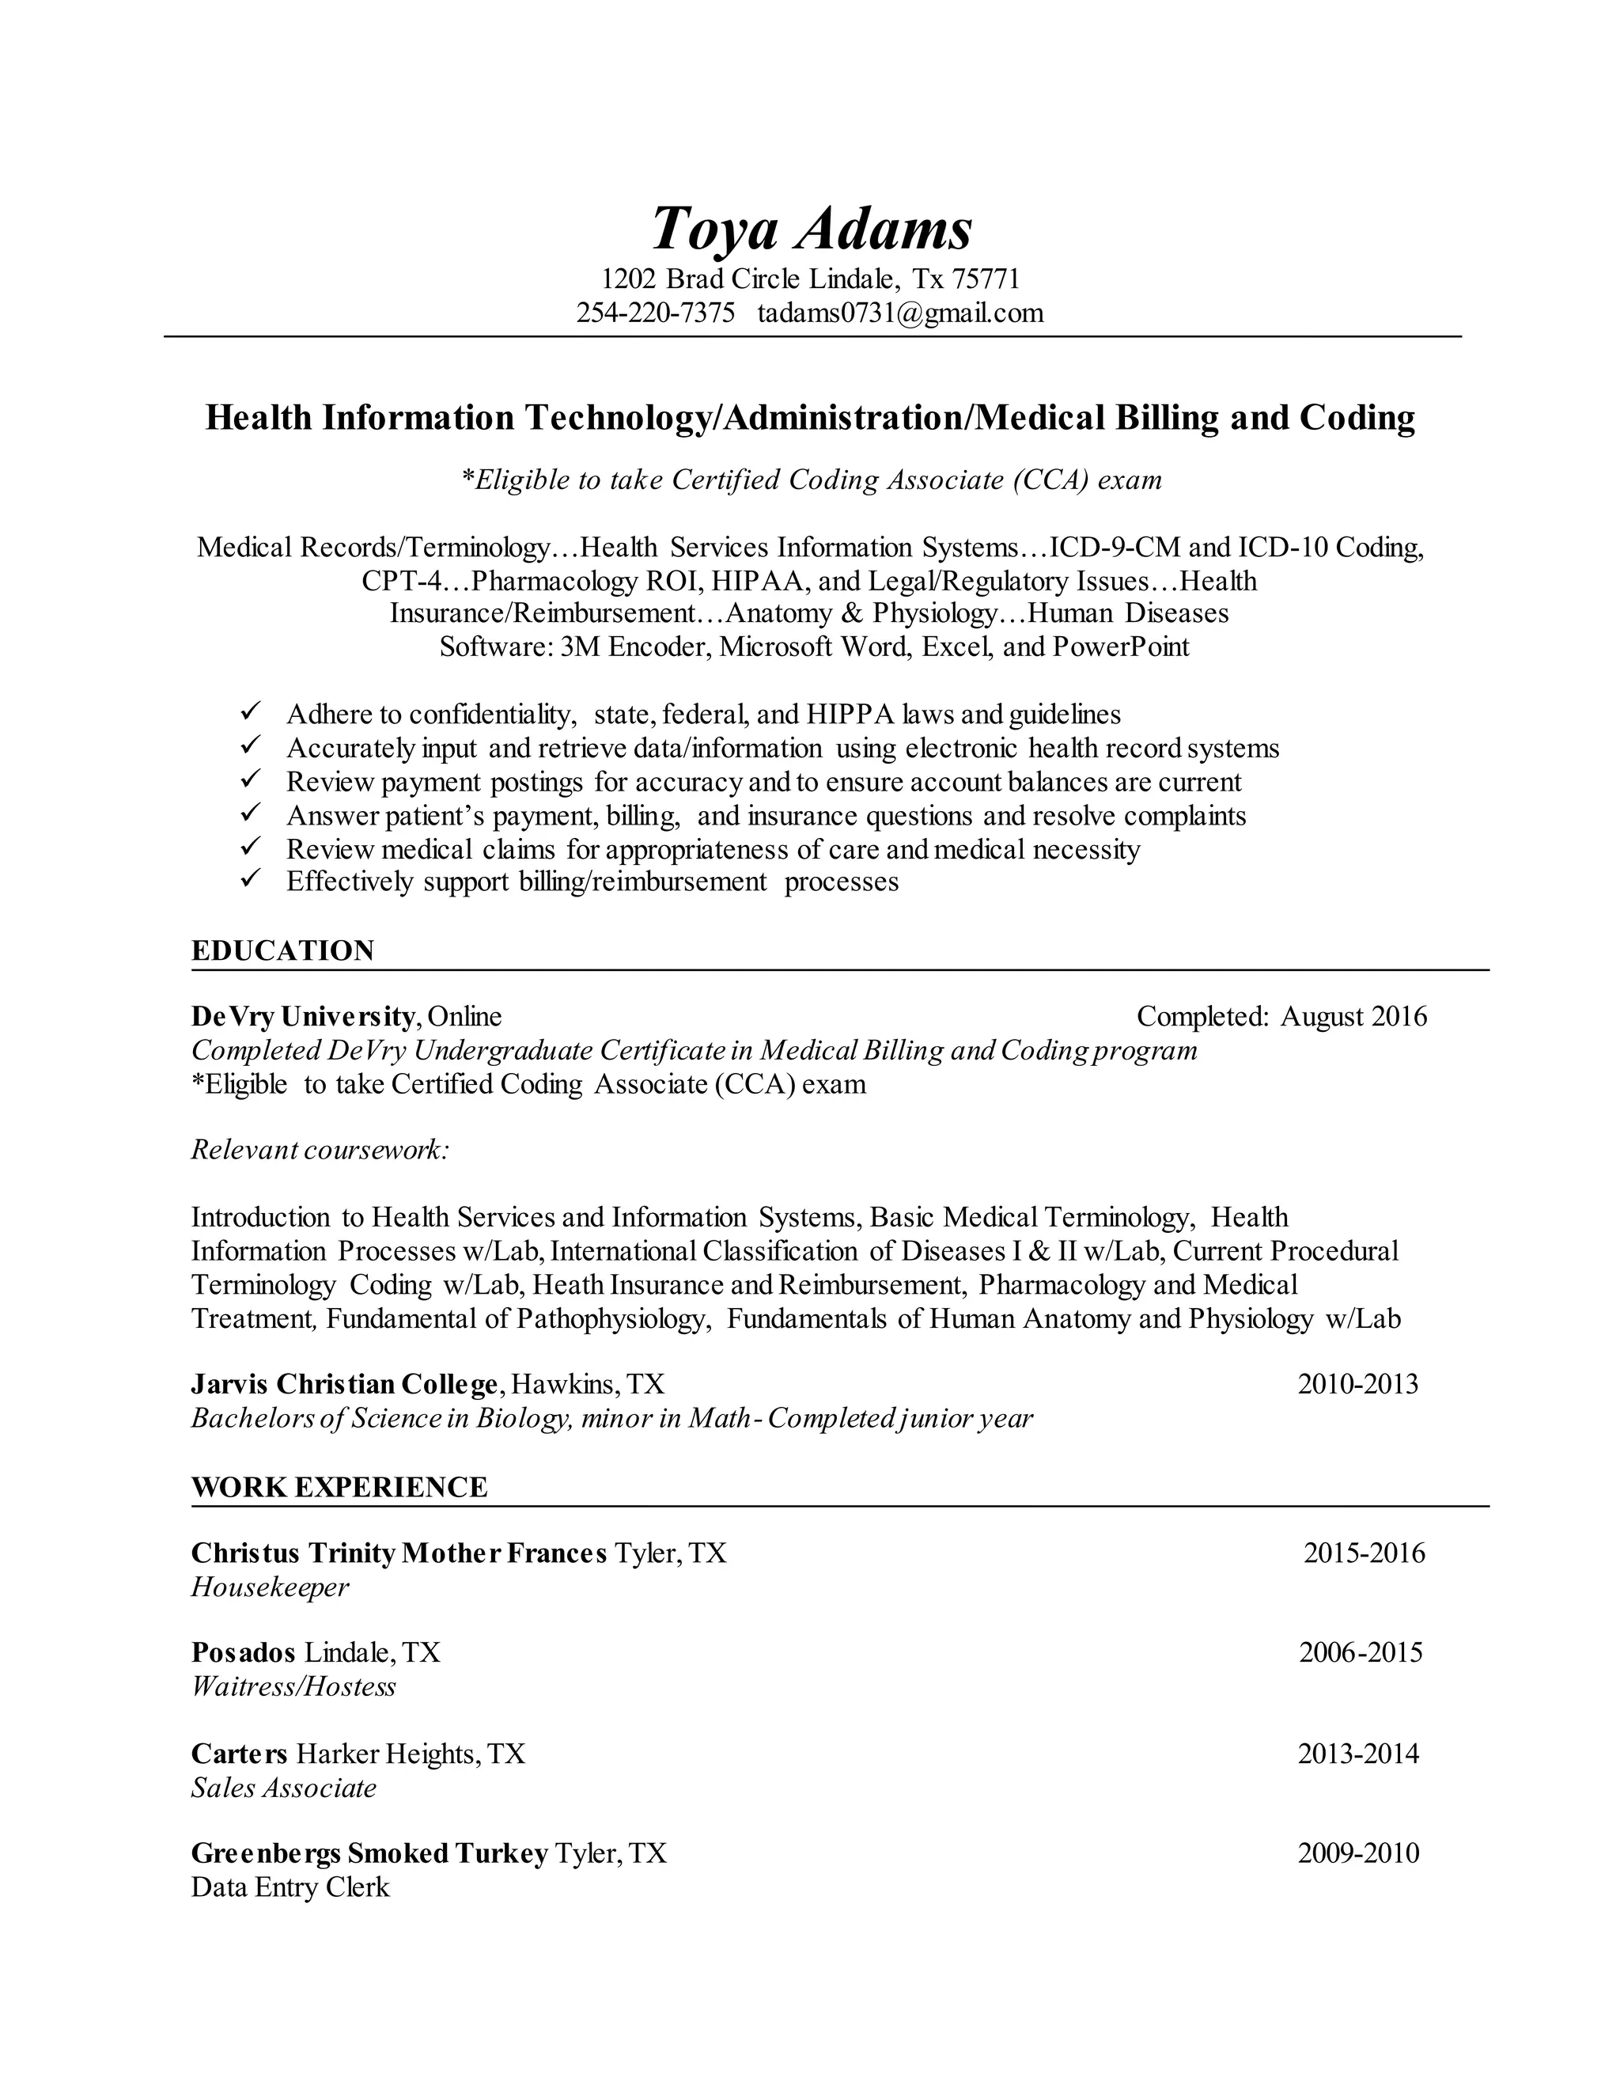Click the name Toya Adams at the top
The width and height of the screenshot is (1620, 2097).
click(x=811, y=229)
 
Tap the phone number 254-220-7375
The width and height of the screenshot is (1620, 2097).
click(x=656, y=313)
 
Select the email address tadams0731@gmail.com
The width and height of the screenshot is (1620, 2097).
click(x=900, y=313)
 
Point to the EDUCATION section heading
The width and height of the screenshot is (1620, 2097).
click(x=283, y=950)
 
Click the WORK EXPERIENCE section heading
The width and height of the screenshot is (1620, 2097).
click(x=339, y=1488)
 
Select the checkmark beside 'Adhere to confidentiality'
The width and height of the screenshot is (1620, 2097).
click(x=252, y=712)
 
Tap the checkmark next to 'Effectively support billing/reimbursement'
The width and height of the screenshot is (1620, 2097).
click(x=252, y=879)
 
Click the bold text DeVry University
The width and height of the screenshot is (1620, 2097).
click(x=303, y=1016)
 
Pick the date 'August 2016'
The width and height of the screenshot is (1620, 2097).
click(x=1353, y=1016)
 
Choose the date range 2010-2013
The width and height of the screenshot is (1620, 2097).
click(x=1358, y=1383)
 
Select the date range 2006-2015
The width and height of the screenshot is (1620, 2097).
click(x=1361, y=1652)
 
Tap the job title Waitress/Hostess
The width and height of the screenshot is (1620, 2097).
click(x=293, y=1687)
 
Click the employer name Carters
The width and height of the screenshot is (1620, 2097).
click(x=239, y=1754)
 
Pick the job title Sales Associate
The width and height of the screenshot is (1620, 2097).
click(x=284, y=1788)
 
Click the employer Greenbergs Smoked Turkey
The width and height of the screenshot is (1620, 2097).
click(x=369, y=1853)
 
